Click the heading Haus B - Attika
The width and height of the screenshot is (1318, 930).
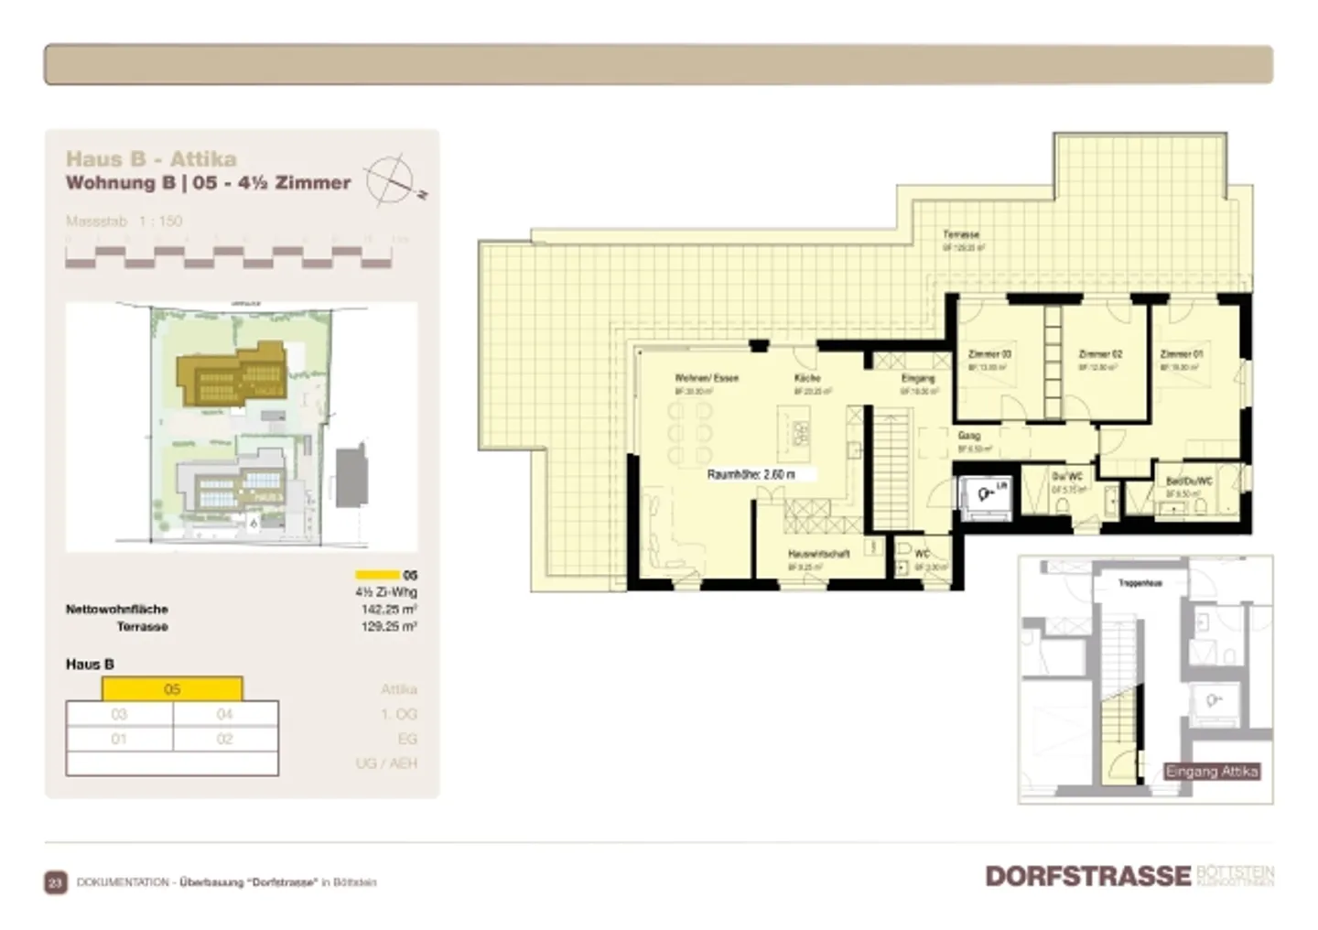click(151, 158)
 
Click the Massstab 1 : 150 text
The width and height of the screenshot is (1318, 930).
click(124, 221)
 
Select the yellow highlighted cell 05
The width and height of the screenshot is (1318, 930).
click(172, 689)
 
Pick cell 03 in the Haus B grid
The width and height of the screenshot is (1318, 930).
click(119, 714)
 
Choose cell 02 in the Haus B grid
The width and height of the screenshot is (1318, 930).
click(225, 739)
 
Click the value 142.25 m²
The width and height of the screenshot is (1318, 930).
click(389, 609)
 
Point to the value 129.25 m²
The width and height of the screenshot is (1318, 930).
click(389, 627)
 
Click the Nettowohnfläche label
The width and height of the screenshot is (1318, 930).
click(116, 609)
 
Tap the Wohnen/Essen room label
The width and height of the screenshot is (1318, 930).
click(706, 377)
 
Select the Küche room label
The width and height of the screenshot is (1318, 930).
click(807, 377)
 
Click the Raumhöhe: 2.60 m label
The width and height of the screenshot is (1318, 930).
click(751, 475)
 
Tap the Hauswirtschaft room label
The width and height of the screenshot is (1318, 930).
click(818, 554)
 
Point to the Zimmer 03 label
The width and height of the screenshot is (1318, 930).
click(989, 353)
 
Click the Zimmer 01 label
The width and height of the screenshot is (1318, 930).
click(1181, 353)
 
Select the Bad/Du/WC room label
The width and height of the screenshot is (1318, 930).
click(1188, 481)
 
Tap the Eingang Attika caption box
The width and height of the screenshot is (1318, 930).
click(1212, 772)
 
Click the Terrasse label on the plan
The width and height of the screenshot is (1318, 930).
click(961, 234)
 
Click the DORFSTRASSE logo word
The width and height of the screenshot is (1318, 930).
click(1087, 876)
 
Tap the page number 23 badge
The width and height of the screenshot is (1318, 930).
click(55, 882)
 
